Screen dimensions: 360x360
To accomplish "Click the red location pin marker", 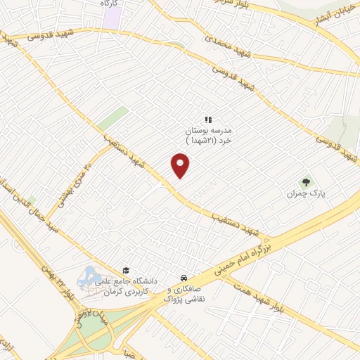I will click(x=181, y=166).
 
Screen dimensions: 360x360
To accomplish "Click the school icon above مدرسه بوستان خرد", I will click(x=207, y=120).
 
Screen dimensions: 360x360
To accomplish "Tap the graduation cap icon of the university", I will click(x=126, y=270).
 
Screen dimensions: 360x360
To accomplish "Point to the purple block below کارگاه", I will click(x=110, y=18).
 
